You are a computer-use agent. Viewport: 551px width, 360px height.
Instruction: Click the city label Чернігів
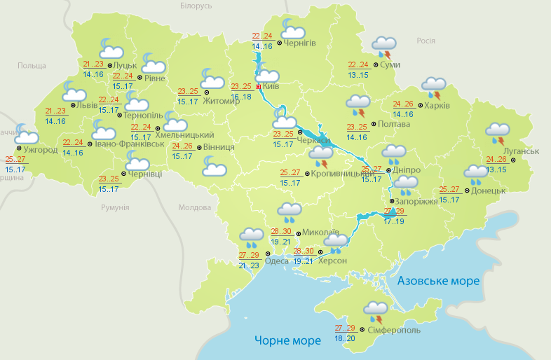coord(301,43)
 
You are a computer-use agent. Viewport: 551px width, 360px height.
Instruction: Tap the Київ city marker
coord(259,86)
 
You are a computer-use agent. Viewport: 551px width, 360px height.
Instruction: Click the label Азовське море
coord(438,281)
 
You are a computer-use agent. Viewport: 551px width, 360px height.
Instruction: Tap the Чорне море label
coord(287,340)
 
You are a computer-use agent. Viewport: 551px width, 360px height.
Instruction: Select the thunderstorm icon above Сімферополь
coord(375,310)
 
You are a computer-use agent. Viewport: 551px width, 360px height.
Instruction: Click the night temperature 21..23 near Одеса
coord(248,265)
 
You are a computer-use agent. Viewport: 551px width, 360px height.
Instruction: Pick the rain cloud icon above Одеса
coord(250,237)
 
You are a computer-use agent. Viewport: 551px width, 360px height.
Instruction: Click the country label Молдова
coord(195,208)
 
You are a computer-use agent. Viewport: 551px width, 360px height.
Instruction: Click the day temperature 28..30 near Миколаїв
coord(281,231)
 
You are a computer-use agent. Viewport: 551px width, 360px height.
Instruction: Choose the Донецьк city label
coord(489,190)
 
